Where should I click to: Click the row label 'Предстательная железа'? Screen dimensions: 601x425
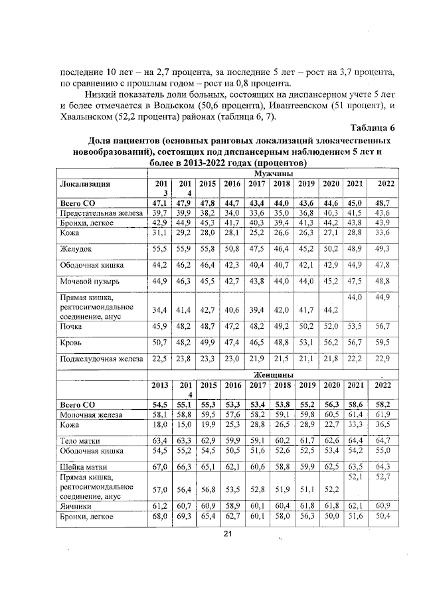tap(100, 213)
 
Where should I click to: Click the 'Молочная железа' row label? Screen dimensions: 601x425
tap(91, 414)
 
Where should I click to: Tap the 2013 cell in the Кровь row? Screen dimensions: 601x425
tap(158, 343)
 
